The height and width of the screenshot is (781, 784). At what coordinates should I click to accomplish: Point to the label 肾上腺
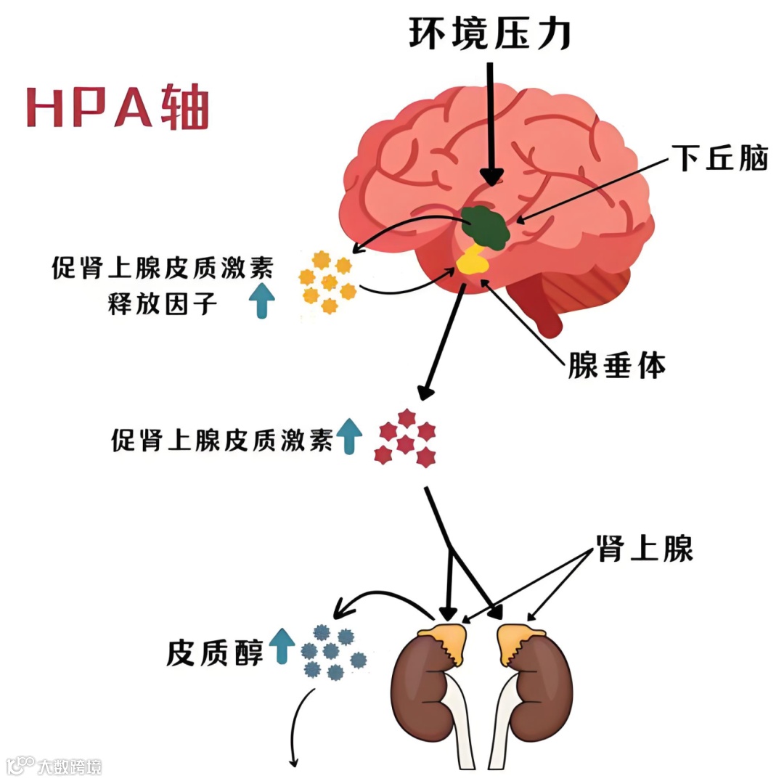[x=645, y=549]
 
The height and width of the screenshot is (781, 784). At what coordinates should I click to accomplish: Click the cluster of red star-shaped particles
[x=405, y=438]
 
